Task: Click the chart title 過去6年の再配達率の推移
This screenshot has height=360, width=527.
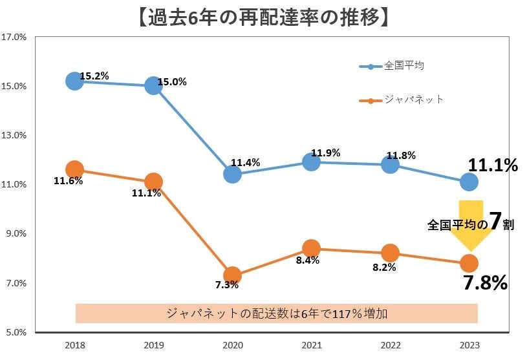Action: pos(263,16)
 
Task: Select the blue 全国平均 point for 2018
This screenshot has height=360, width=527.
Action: pos(74,81)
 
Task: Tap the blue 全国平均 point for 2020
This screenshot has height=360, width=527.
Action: pos(232,174)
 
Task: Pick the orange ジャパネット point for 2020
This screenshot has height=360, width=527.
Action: pos(232,275)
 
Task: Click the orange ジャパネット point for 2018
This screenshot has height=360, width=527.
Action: pos(74,169)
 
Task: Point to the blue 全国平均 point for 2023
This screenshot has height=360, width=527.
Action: pos(469,182)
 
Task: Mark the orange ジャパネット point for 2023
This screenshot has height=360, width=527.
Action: pos(469,263)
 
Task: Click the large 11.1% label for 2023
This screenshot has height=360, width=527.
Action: pos(493,165)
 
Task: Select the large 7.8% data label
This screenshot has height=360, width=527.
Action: pos(484,282)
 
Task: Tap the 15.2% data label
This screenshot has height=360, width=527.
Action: pos(94,76)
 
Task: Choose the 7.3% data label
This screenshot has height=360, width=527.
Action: pos(227,284)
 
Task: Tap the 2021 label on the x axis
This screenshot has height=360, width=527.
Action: pos(311,344)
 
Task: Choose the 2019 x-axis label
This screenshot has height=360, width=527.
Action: pos(153,344)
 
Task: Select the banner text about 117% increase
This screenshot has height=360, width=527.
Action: pos(277,313)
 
